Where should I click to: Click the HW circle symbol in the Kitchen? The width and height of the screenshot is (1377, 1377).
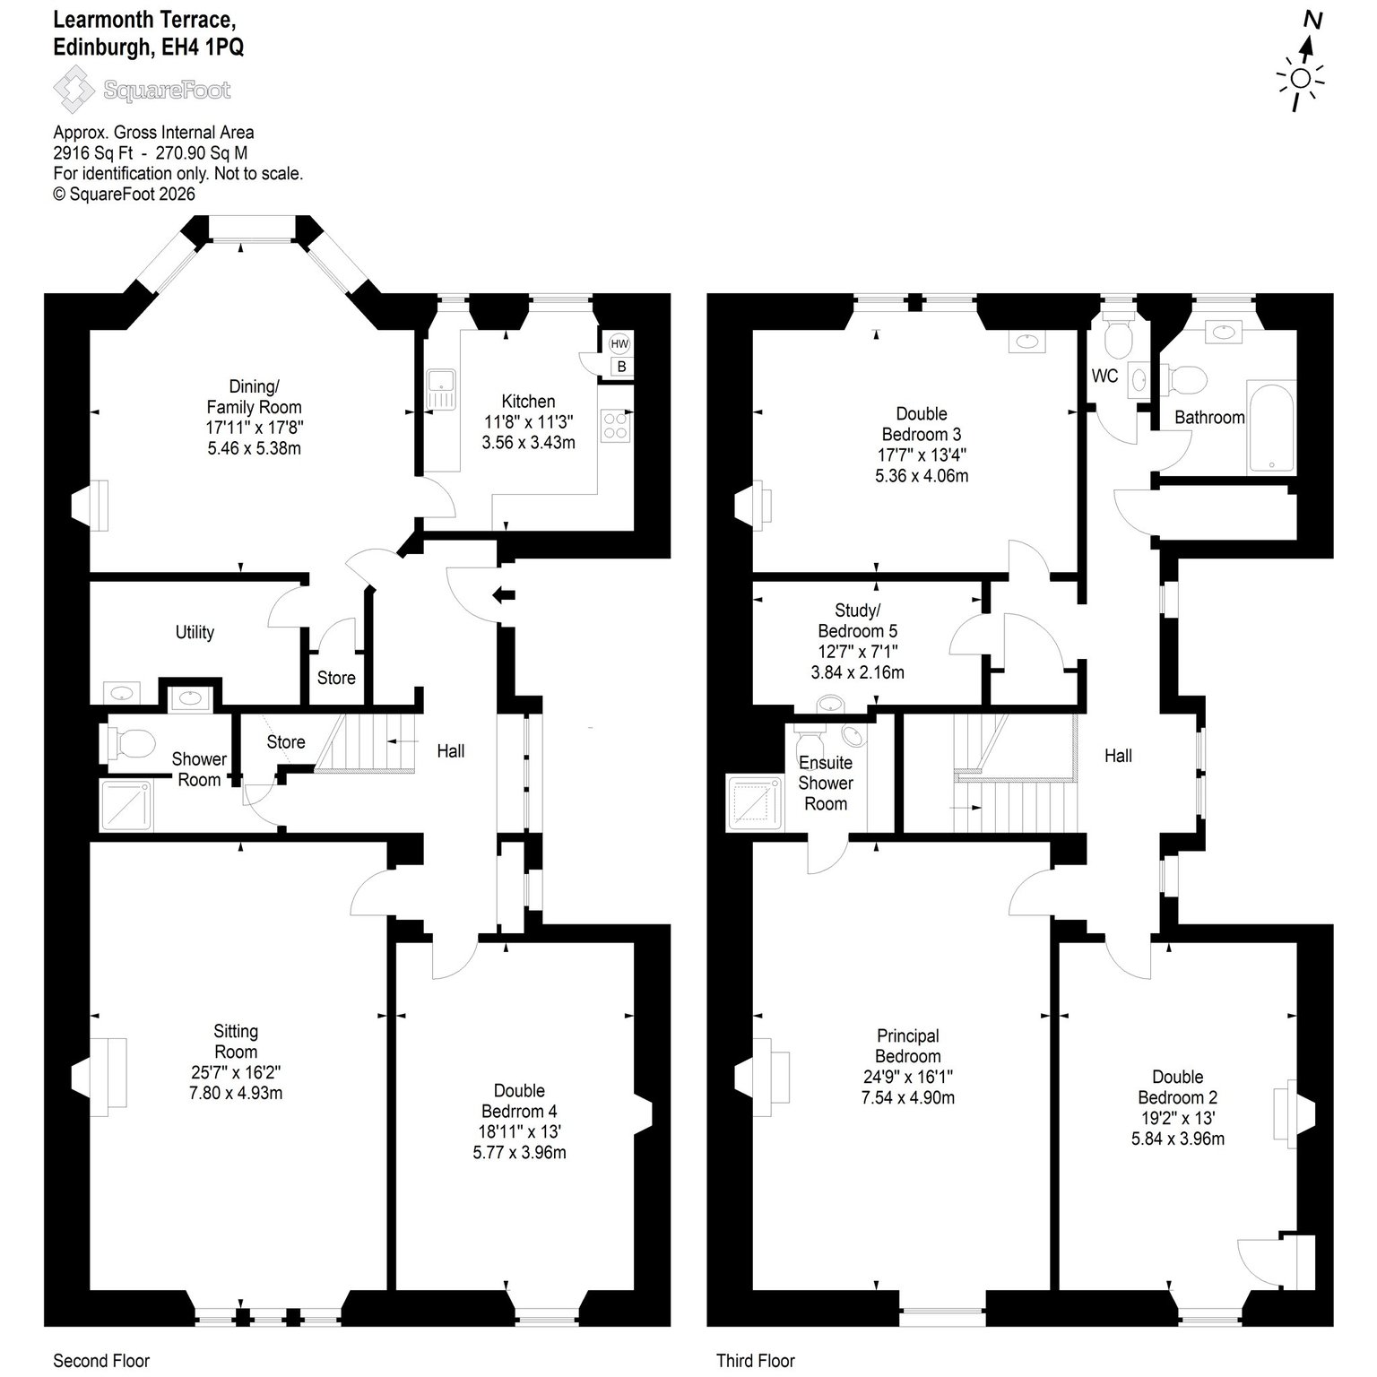click(619, 343)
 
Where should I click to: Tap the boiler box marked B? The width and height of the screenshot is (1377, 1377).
click(620, 367)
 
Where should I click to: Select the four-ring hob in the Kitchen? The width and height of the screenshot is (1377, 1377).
click(616, 425)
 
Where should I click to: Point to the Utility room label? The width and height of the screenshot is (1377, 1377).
click(195, 632)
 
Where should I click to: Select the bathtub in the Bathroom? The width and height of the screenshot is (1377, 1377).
click(1270, 427)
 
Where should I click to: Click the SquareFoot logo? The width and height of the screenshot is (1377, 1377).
click(142, 90)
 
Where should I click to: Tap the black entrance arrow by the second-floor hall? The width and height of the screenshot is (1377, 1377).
click(504, 593)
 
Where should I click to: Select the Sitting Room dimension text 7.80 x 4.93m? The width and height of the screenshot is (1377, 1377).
click(236, 1093)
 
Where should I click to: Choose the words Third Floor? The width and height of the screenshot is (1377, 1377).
click(756, 1361)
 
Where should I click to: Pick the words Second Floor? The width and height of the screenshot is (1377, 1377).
click(101, 1361)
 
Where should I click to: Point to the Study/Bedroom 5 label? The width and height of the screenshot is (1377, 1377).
click(857, 620)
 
